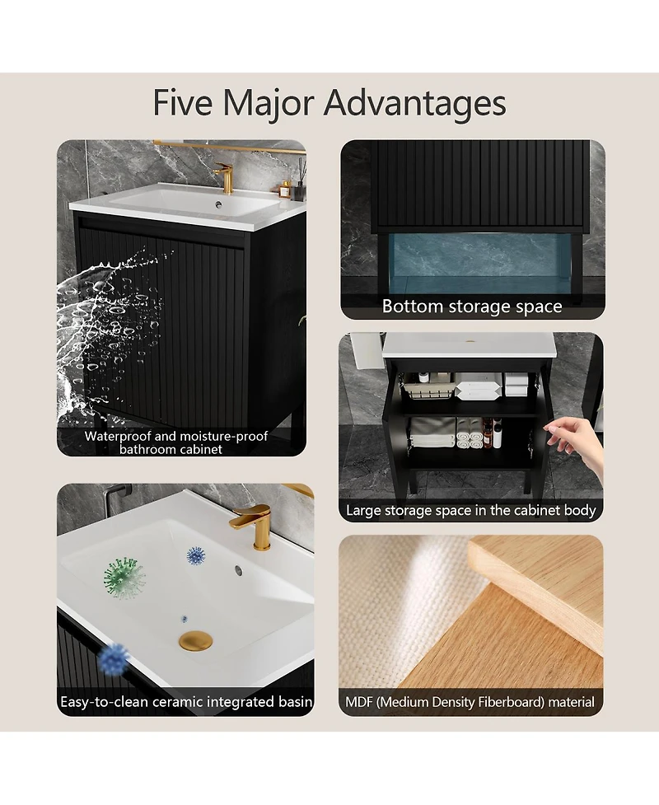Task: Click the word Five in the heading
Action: click(183, 103)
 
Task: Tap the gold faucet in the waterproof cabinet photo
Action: click(223, 176)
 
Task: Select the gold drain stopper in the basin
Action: click(195, 642)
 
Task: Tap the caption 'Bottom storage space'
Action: click(472, 307)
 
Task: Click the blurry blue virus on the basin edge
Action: click(114, 658)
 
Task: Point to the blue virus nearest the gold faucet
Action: click(195, 555)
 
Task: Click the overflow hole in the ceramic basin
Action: click(238, 569)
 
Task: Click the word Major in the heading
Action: click(268, 104)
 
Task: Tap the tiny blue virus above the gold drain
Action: click(184, 619)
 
